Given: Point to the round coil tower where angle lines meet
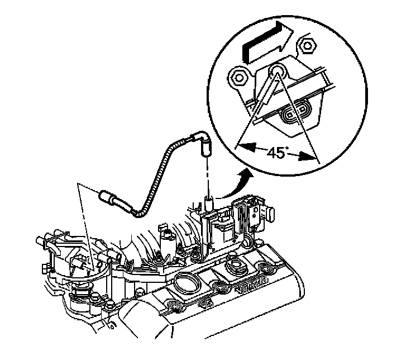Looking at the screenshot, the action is pos(278,72).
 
